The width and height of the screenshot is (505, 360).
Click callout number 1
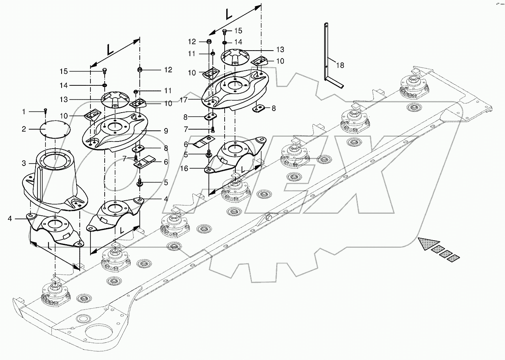[x=24, y=112]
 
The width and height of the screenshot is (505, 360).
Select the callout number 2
[x=24, y=129]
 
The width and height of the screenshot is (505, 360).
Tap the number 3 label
[x=24, y=163]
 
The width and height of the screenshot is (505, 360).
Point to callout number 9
[x=166, y=130]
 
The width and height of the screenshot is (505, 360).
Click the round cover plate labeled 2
[x=55, y=130]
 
